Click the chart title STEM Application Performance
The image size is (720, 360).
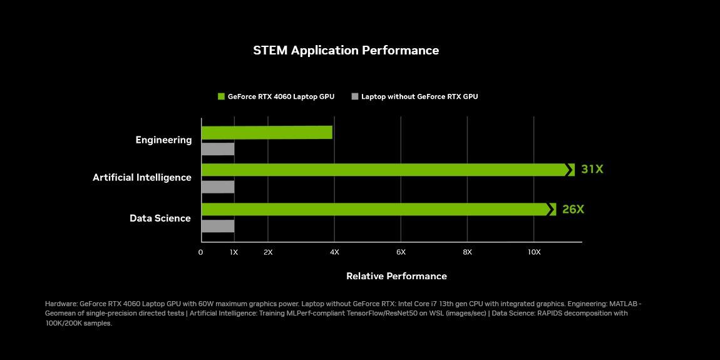pos(346,50)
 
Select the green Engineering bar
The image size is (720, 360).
pos(267,132)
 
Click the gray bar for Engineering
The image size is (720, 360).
pos(218,149)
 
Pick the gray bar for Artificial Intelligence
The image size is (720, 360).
pos(218,187)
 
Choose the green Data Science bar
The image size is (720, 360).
pos(376,209)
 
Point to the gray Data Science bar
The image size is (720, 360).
pos(218,226)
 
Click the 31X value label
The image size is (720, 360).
pos(592,169)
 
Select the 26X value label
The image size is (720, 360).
pos(573,209)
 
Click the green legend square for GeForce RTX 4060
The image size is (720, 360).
pos(221,96)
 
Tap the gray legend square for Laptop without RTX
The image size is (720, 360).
pos(355,96)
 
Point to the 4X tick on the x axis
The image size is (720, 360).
pos(334,252)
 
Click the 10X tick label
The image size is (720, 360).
pos(533,252)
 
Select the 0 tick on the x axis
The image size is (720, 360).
pos(200,252)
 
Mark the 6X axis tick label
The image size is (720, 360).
pos(401,252)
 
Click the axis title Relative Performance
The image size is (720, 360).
pos(396,276)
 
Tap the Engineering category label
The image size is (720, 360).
pos(163,140)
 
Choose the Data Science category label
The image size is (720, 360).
pos(160,218)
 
